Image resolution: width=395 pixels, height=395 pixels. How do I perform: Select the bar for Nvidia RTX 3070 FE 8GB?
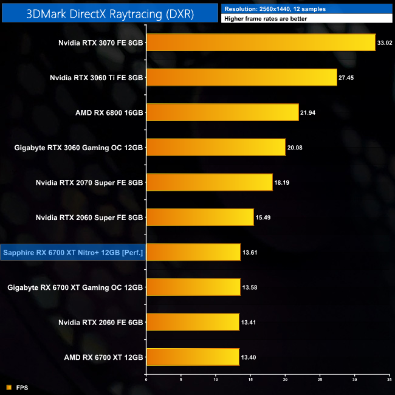coord(261,43)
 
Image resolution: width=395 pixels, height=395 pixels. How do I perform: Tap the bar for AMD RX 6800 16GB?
coord(222,112)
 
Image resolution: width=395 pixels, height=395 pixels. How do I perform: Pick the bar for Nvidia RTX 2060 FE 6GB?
coord(193,322)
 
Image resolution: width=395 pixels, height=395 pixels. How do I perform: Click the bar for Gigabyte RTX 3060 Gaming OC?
coord(216,147)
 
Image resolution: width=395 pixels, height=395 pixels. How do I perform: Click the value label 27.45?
coord(346,78)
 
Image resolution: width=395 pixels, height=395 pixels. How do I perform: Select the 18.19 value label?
coord(282,182)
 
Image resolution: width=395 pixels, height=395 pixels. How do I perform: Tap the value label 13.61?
coord(250,252)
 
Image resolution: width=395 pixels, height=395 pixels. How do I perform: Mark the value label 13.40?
coord(249,357)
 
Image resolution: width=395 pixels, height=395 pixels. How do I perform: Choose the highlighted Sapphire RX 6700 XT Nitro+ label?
coord(73,252)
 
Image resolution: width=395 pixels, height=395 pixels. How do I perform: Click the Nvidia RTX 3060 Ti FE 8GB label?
coord(97,78)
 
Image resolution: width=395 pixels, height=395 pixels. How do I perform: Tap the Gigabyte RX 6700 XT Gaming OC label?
coord(75,287)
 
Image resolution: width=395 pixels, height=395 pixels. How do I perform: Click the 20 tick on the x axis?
coord(286,379)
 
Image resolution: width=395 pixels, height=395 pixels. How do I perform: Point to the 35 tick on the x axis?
coord(390,379)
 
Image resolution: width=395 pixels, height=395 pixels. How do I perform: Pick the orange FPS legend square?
coord(9,386)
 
